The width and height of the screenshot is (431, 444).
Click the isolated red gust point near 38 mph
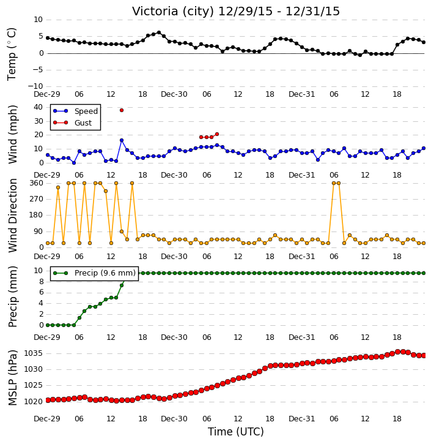(122, 110)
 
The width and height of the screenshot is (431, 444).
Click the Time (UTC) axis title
(236, 432)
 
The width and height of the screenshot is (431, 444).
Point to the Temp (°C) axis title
(12, 54)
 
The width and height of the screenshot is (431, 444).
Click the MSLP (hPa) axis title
(12, 377)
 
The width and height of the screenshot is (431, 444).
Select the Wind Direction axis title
(12, 215)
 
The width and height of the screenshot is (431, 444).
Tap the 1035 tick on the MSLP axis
(33, 353)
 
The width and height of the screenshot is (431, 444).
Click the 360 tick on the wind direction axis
(36, 183)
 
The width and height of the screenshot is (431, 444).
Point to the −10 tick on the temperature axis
(35, 86)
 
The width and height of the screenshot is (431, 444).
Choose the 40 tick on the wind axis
(38, 107)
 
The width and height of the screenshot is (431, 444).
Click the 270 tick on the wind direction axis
(36, 199)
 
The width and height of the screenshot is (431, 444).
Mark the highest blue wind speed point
(122, 140)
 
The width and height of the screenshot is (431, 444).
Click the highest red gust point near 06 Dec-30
(217, 134)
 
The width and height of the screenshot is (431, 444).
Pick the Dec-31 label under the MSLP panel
(301, 418)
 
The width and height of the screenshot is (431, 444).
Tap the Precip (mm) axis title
(12, 296)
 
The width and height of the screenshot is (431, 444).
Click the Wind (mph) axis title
(12, 135)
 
